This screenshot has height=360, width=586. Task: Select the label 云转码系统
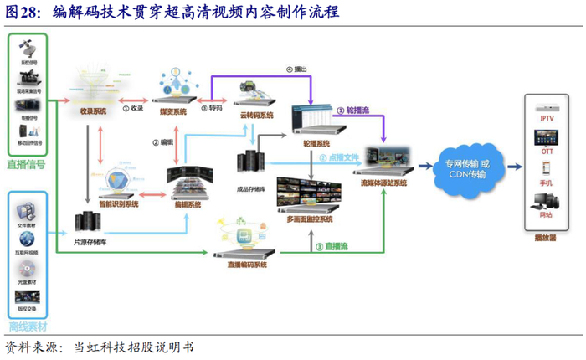tap(254, 116)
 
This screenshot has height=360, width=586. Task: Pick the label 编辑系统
tap(187, 203)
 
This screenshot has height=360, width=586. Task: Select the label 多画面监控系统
tap(310, 219)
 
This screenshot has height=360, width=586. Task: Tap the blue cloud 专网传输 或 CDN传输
tap(463, 167)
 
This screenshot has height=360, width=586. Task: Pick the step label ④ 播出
tap(296, 69)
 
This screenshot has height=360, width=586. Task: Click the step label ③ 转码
tap(211, 108)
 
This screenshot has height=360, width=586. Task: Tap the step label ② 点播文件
tap(338, 157)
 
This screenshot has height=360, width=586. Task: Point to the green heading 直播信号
tap(27, 165)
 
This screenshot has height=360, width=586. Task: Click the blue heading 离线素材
tap(27, 324)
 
